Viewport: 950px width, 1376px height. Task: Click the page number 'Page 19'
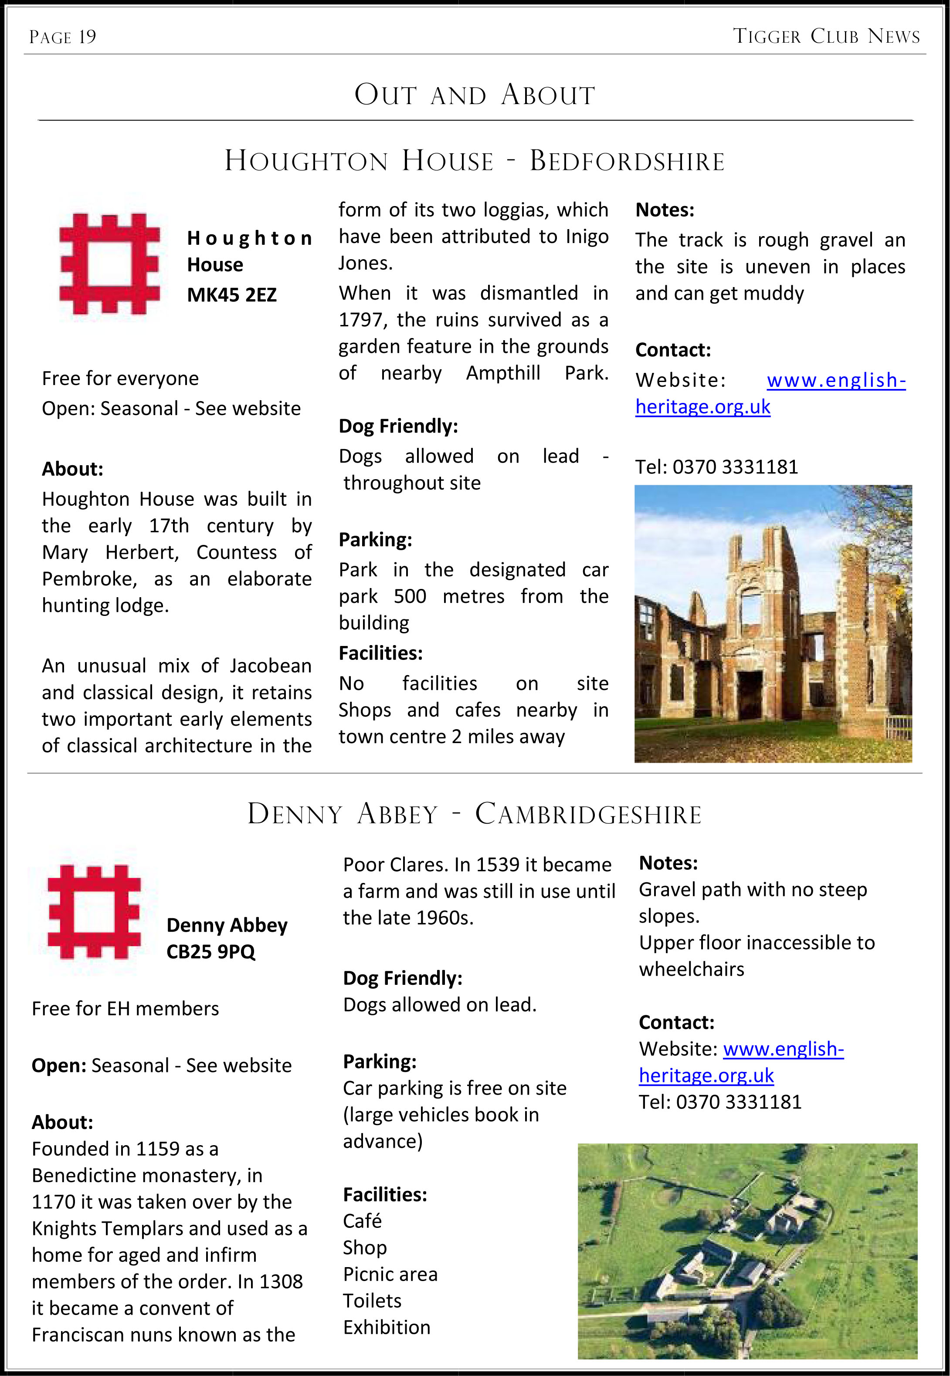(x=62, y=37)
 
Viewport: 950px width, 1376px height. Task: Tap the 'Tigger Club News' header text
(x=826, y=36)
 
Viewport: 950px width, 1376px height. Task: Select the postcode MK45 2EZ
(x=231, y=295)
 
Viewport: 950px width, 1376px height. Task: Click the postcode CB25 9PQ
(x=211, y=952)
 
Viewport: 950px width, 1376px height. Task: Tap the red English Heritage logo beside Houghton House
(x=109, y=264)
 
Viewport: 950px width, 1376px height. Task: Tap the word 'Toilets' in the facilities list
(x=372, y=1301)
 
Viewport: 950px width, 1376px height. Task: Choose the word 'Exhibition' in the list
(x=386, y=1328)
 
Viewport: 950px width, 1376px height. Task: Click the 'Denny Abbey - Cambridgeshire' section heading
(x=475, y=814)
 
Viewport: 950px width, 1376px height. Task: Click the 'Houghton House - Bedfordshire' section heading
(x=475, y=161)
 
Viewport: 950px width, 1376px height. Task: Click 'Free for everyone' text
(x=120, y=379)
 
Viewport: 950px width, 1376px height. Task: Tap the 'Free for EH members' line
(x=125, y=1009)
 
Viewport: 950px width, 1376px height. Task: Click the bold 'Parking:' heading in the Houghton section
(x=375, y=540)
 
